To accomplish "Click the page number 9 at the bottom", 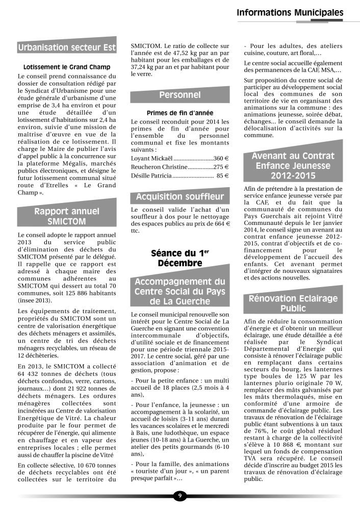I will pyautogui.click(x=180, y=496).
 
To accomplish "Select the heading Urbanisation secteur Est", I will pyautogui.click(x=67, y=48).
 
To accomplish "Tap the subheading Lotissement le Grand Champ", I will pyautogui.click(x=67, y=67).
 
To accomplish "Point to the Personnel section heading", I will pyautogui.click(x=179, y=95).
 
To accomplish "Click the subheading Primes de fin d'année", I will pyautogui.click(x=179, y=113).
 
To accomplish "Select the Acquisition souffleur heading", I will pyautogui.click(x=179, y=197).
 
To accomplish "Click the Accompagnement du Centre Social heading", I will pyautogui.click(x=179, y=291).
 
